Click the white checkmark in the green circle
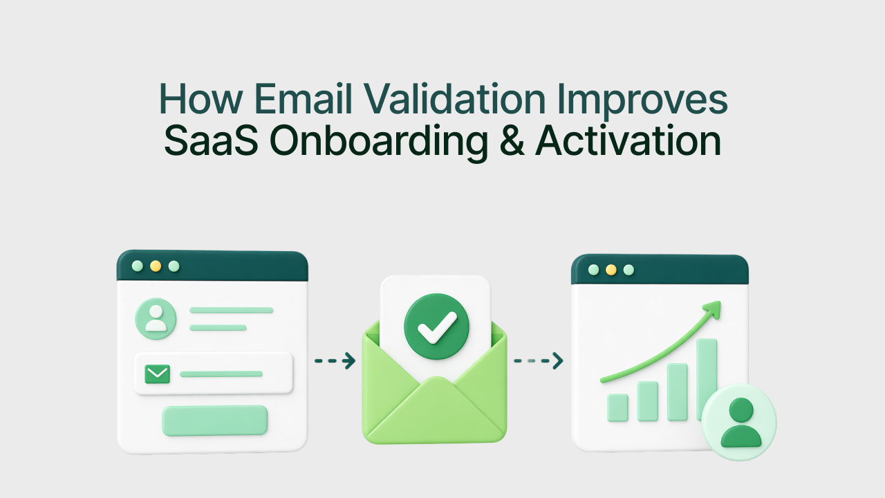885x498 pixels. (x=436, y=326)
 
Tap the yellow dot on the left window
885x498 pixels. (x=156, y=266)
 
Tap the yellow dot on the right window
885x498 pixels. (x=611, y=270)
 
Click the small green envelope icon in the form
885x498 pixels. (x=158, y=374)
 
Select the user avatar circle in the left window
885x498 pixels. (x=156, y=319)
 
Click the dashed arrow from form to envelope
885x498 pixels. (x=335, y=360)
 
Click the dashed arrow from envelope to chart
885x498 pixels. (x=538, y=360)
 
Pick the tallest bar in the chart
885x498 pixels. (x=707, y=373)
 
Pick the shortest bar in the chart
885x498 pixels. (x=617, y=407)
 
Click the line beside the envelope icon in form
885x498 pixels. (x=221, y=374)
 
